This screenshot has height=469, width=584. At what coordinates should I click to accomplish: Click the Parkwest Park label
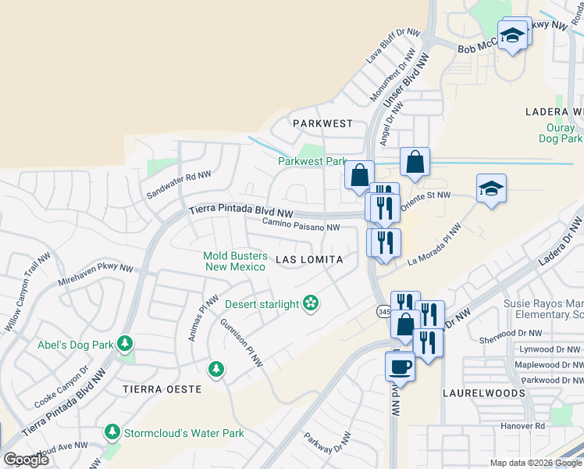pos(312,162)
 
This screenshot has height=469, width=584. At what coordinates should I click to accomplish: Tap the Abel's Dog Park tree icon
pos(124,343)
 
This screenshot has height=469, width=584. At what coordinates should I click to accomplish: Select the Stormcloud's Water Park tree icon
pos(112,432)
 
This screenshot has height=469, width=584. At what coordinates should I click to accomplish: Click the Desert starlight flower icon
pos(311,303)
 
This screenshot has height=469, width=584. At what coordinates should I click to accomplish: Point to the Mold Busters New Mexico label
pos(235,261)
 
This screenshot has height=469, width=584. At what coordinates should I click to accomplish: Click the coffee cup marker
pos(400,366)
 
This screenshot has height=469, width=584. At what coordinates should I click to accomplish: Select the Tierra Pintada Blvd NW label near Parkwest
pos(242,213)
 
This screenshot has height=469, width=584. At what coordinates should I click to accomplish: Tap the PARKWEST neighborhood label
pos(322,124)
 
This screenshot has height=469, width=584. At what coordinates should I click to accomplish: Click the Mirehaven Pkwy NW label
pos(95,272)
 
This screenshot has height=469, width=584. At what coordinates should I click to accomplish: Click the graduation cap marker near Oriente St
pos(491,189)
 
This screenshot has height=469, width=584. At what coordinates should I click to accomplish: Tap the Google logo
pos(27,460)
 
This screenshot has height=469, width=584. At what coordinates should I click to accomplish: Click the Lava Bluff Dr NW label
pos(393,48)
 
